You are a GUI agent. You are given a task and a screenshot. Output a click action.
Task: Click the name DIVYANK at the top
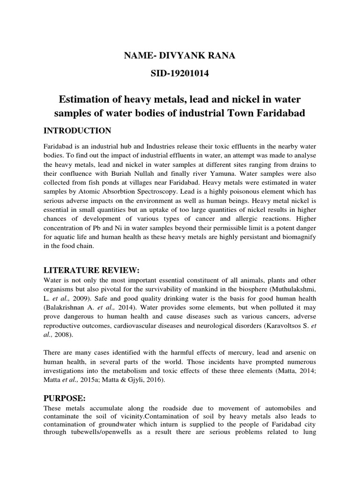coord(181,56)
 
